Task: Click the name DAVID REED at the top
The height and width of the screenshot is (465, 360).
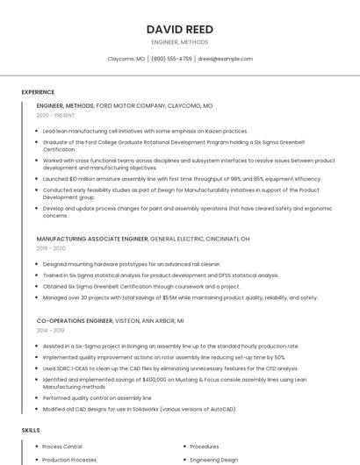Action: point(180,29)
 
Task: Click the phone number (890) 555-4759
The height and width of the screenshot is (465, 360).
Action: point(171,59)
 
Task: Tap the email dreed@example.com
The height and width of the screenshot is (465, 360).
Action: point(225,59)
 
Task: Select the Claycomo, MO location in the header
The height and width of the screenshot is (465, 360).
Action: point(126,59)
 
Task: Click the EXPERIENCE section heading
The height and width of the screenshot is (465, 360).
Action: point(38,92)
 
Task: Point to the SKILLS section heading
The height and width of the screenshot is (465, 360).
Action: point(31,431)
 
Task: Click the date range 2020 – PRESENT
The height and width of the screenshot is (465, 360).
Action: point(55,115)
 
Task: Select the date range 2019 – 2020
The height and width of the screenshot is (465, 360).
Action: point(51,248)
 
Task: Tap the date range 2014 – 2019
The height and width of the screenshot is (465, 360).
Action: point(51,331)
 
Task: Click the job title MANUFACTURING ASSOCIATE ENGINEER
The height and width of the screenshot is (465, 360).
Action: point(92,239)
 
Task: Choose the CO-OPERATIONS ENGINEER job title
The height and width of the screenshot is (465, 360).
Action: point(77,321)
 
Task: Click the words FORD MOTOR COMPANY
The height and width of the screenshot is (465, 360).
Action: point(131,105)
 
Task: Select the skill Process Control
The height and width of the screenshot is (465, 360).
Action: point(62,447)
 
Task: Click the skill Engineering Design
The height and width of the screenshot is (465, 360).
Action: point(214,460)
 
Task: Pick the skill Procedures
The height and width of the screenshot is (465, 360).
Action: point(205,447)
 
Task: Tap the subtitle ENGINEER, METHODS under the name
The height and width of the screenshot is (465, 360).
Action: point(180,41)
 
